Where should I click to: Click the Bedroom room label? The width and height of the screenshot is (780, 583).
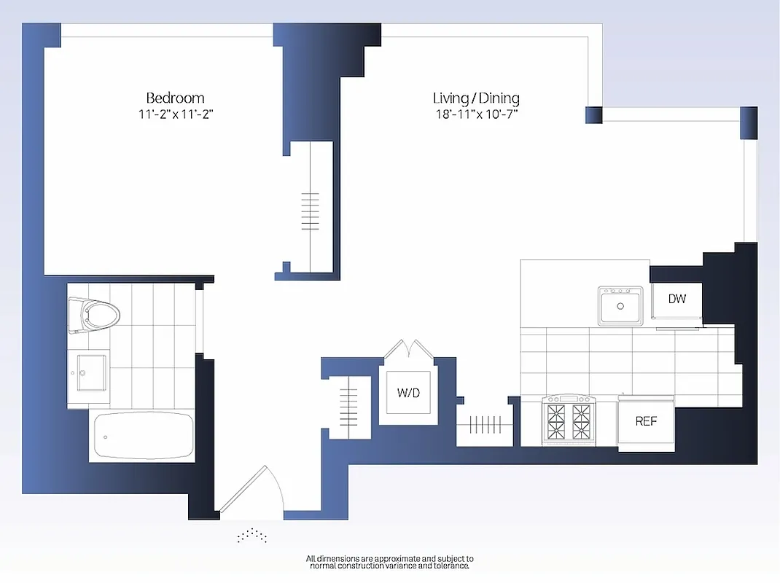[x=175, y=98]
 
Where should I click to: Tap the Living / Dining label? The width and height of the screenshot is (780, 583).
[x=476, y=98]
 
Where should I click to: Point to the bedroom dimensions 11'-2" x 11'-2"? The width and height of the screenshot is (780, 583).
[x=175, y=114]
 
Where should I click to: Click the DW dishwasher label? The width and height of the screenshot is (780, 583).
[x=677, y=299]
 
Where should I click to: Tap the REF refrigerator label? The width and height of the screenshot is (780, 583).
[x=646, y=421]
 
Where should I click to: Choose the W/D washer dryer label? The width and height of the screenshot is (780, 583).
[x=408, y=394]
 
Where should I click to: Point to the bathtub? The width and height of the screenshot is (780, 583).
[x=143, y=436]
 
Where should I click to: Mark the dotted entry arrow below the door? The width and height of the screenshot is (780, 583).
[x=252, y=536]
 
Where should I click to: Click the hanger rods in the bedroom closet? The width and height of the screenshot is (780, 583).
[x=310, y=211]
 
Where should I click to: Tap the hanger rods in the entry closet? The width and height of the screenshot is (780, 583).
[x=350, y=407]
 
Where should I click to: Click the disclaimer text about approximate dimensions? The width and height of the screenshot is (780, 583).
[x=390, y=562]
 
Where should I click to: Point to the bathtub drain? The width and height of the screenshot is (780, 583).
[x=106, y=437]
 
